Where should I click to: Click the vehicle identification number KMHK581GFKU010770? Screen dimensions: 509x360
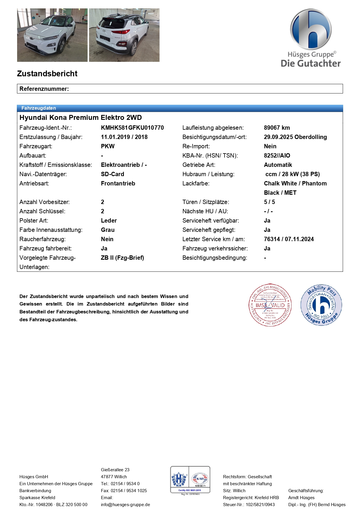[x=132, y=128]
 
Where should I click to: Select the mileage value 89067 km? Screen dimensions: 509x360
[x=277, y=128]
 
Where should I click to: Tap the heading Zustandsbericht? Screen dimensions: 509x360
[x=47, y=74]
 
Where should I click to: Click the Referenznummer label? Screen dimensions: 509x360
[x=44, y=89]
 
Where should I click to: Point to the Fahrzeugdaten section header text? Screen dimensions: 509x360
[x=39, y=108]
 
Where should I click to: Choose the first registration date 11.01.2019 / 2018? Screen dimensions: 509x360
[x=124, y=137]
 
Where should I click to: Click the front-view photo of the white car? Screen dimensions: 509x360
[x=52, y=35]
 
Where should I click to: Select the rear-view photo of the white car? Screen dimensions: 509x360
[x=124, y=35]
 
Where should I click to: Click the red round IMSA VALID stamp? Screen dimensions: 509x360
[x=270, y=305]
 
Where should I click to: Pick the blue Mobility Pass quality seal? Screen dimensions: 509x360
[x=321, y=305]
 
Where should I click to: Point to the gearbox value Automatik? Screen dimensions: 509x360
[x=278, y=165]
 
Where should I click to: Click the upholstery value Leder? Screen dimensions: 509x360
[x=109, y=221]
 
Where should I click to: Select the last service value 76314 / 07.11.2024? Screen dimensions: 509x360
[x=289, y=239]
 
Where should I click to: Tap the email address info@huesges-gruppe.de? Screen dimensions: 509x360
[x=125, y=505]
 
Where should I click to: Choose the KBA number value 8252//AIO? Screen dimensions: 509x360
[x=277, y=156]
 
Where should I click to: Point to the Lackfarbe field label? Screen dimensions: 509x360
[x=196, y=183]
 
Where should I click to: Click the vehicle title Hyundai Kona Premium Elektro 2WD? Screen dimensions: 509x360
[x=81, y=118]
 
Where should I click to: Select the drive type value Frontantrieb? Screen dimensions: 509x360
[x=118, y=183]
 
